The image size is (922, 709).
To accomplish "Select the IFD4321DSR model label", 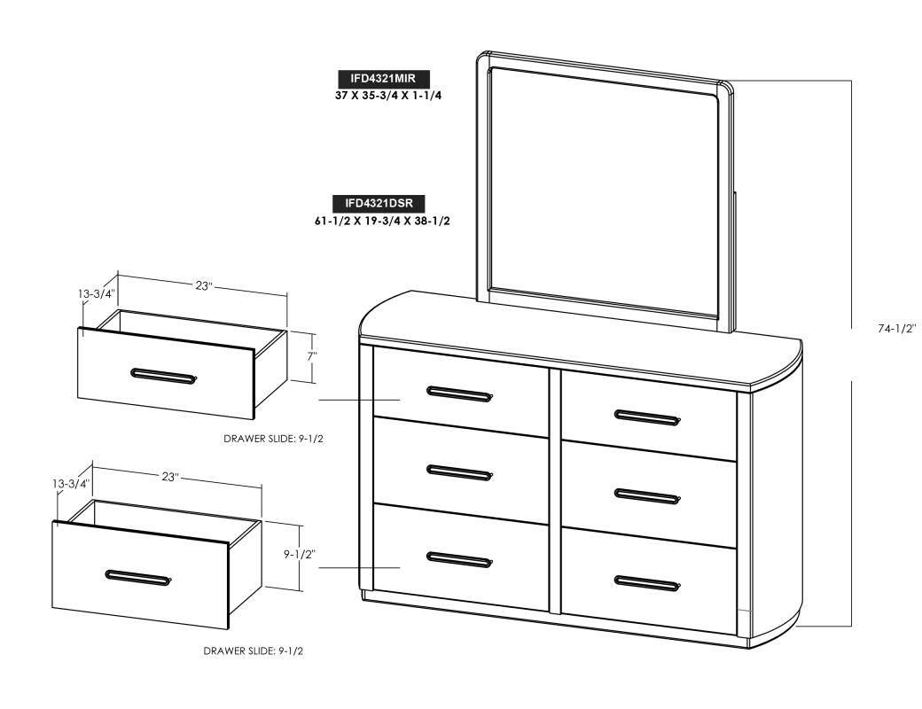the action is point(379,204).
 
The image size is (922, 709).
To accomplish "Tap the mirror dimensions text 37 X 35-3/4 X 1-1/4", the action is point(387,96).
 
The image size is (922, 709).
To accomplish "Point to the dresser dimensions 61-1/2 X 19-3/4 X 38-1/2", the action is point(383,222).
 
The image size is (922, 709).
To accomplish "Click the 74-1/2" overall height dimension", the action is point(896,329).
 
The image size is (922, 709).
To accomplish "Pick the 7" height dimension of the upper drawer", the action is point(311,355).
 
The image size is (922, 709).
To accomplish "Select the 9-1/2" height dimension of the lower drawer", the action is point(300,554).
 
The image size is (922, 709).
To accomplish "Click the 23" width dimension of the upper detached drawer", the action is point(203,285).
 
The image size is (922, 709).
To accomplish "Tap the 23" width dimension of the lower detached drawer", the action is point(170,476).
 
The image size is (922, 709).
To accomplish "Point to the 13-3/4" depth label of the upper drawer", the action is point(97,293).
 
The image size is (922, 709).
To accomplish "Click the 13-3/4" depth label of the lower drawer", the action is point(71,484).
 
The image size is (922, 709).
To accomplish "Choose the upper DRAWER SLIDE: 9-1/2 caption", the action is point(273,439).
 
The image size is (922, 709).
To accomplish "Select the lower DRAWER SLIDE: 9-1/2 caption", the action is point(254,651).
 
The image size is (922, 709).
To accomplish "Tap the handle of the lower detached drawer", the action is point(139,577).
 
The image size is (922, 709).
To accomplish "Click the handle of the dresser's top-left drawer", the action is point(460,393).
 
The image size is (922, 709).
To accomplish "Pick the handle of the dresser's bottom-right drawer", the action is point(647,583).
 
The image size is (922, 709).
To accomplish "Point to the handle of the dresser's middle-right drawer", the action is point(647,494).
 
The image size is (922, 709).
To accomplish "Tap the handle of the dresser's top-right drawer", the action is point(647,417).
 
